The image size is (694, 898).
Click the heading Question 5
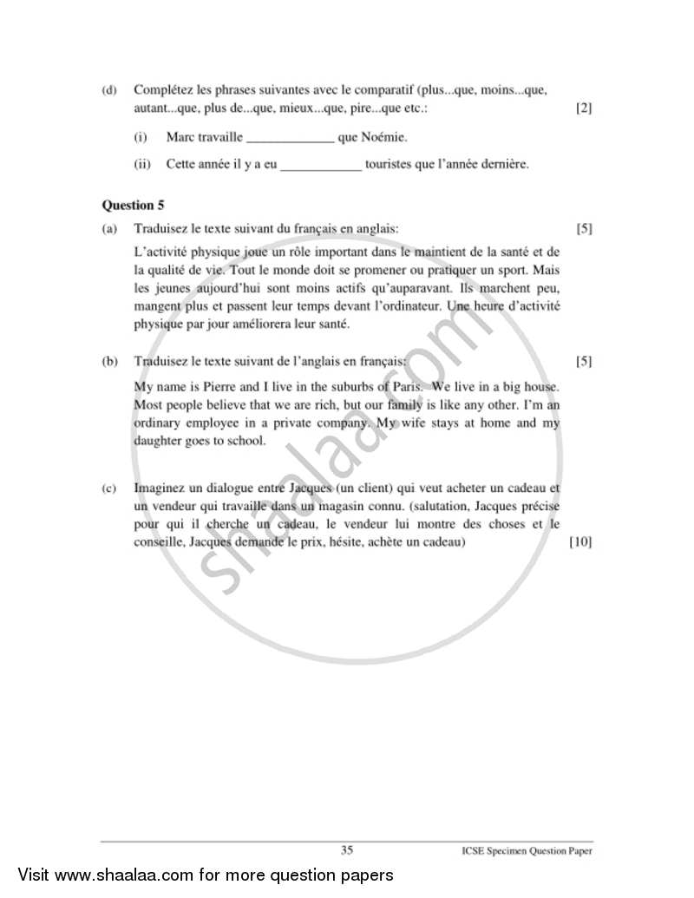pyautogui.click(x=133, y=206)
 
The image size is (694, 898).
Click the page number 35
pyautogui.click(x=347, y=850)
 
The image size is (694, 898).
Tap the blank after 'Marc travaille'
pyautogui.click(x=290, y=138)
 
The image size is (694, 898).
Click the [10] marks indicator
pyautogui.click(x=579, y=542)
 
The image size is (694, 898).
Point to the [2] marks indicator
pyautogui.click(x=584, y=108)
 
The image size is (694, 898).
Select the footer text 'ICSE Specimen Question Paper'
pyautogui.click(x=527, y=852)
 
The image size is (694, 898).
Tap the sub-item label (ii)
pyautogui.click(x=142, y=164)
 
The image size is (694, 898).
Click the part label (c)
pyautogui.click(x=108, y=489)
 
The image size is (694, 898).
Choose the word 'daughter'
pyautogui.click(x=159, y=441)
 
